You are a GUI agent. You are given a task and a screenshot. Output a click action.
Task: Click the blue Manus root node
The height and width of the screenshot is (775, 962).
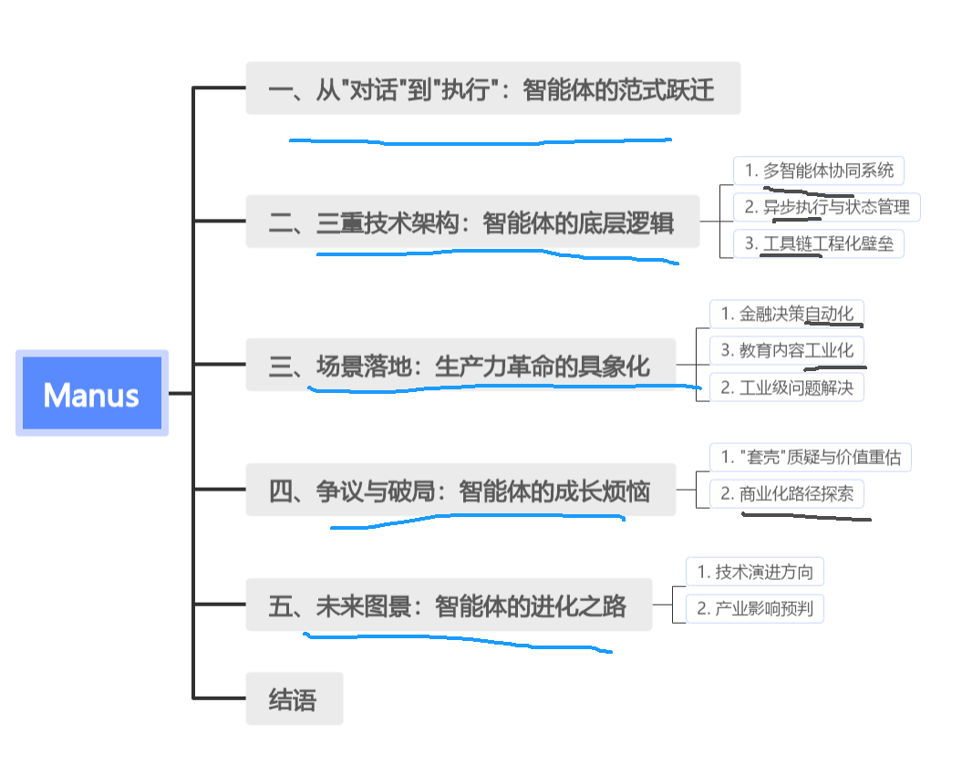pyautogui.click(x=92, y=393)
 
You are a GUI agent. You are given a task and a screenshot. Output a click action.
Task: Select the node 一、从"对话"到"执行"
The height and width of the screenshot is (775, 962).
pyautogui.click(x=492, y=89)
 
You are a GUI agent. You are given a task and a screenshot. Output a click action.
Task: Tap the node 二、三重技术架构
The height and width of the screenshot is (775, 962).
pyautogui.click(x=472, y=222)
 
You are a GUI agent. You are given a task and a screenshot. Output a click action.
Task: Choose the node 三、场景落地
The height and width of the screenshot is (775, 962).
pyautogui.click(x=460, y=366)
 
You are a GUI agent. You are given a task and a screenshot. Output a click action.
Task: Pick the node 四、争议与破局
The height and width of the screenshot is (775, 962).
pyautogui.click(x=460, y=491)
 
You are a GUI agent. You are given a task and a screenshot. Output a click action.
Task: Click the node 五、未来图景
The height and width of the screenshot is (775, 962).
pyautogui.click(x=449, y=605)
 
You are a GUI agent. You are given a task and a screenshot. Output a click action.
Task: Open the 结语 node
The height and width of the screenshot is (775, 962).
pyautogui.click(x=294, y=699)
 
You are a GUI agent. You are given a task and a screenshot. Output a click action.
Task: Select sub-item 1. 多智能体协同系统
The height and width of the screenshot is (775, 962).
pyautogui.click(x=819, y=170)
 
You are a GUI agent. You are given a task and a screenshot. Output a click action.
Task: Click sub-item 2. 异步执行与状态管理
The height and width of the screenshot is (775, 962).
pyautogui.click(x=826, y=207)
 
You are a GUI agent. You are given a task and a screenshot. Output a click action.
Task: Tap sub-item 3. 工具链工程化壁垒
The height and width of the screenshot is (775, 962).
pyautogui.click(x=819, y=243)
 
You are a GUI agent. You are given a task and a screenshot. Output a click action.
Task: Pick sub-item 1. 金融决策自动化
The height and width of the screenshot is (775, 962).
pyautogui.click(x=786, y=314)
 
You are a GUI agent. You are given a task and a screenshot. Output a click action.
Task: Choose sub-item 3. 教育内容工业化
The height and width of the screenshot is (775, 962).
pyautogui.click(x=786, y=350)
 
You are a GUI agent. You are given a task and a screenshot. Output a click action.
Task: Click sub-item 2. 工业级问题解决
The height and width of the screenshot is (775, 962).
pyautogui.click(x=786, y=387)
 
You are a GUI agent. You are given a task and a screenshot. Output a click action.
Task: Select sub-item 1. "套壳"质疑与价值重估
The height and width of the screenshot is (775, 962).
pyautogui.click(x=810, y=457)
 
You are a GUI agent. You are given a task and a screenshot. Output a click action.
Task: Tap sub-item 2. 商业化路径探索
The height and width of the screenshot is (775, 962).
pyautogui.click(x=786, y=494)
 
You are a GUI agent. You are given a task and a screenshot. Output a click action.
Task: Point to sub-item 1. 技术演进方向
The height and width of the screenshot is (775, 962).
pyautogui.click(x=755, y=572)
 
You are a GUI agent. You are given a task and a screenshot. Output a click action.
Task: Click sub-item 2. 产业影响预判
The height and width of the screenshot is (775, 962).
pyautogui.click(x=755, y=608)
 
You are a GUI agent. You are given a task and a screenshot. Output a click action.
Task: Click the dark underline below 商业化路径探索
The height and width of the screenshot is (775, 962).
pyautogui.click(x=806, y=517)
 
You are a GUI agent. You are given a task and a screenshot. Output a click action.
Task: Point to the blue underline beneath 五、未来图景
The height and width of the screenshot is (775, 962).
pyautogui.click(x=456, y=641)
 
